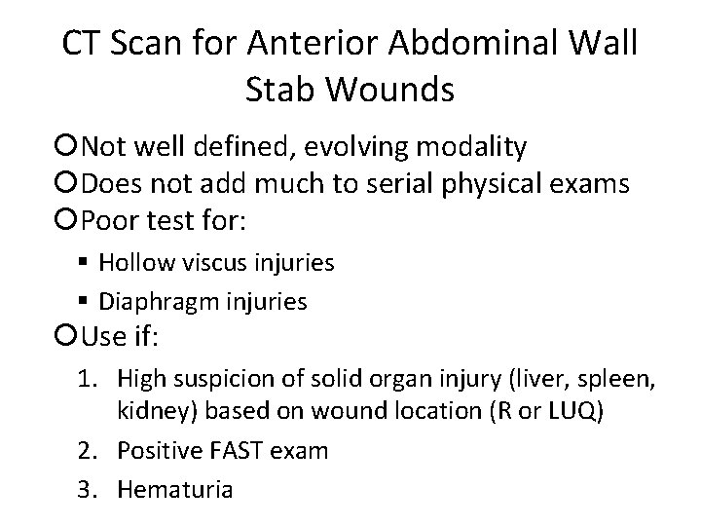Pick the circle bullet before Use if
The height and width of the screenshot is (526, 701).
point(68,338)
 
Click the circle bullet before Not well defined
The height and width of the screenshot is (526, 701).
point(68,147)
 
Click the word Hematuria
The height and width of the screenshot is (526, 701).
point(174,487)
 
